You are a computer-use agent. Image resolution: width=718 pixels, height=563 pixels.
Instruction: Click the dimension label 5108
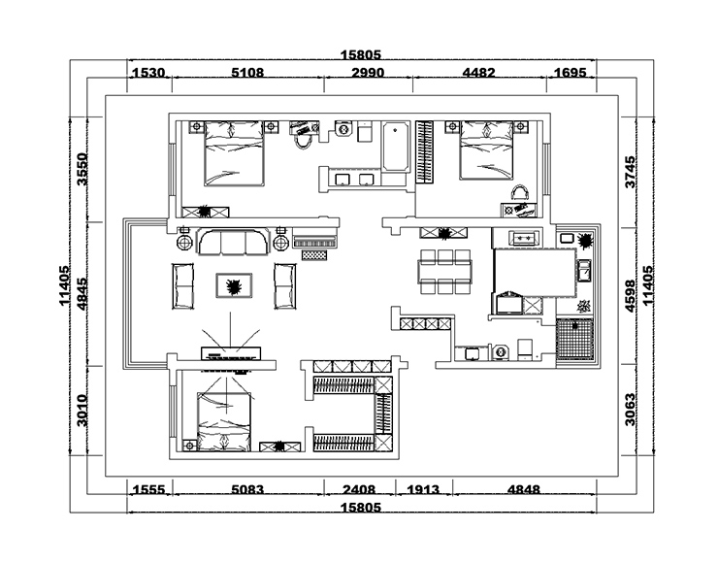click(x=247, y=73)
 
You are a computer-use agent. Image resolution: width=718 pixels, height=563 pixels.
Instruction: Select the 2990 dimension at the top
click(x=368, y=73)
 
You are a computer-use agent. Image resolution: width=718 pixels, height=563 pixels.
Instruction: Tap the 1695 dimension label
click(x=571, y=73)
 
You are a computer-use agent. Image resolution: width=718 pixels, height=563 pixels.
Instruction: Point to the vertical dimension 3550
click(x=82, y=169)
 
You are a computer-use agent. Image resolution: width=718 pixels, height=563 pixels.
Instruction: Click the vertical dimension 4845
click(x=82, y=294)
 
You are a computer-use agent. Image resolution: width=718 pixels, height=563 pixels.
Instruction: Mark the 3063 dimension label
click(x=630, y=410)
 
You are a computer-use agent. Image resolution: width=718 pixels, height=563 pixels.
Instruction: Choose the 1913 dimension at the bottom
click(x=423, y=489)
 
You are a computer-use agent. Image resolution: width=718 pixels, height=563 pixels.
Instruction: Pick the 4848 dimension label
click(x=524, y=489)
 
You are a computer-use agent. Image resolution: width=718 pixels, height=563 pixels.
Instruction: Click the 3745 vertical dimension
click(x=630, y=172)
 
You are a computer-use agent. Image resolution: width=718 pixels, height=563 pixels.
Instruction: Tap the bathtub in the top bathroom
click(x=396, y=147)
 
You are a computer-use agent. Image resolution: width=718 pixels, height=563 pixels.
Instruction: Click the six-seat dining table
click(x=444, y=271)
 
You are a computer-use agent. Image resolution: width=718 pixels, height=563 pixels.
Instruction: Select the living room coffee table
click(x=234, y=285)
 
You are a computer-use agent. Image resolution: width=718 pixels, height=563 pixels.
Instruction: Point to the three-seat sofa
click(x=233, y=242)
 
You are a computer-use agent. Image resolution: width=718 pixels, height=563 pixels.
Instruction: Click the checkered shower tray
click(x=574, y=340)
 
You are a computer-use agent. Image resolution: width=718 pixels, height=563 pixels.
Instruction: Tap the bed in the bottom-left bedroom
click(x=224, y=422)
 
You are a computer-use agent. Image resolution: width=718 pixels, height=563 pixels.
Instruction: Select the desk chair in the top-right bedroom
click(x=519, y=193)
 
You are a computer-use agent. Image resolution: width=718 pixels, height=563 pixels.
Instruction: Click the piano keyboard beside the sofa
click(x=315, y=242)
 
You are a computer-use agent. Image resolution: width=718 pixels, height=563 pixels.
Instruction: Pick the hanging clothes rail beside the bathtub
click(x=424, y=151)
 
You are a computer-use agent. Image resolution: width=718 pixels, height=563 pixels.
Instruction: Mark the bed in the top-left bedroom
click(x=234, y=153)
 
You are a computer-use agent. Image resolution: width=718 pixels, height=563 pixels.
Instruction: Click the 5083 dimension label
click(x=247, y=489)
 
